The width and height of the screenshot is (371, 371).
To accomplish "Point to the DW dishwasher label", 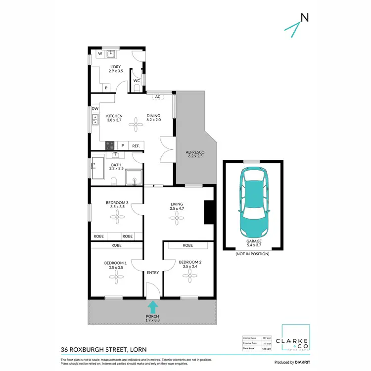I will (94, 108).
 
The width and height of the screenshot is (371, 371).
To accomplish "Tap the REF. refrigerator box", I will (136, 145).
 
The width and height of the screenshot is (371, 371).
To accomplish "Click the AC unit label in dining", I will (158, 97).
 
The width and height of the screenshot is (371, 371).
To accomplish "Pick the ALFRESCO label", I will (195, 152).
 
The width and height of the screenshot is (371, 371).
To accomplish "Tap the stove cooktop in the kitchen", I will (109, 145).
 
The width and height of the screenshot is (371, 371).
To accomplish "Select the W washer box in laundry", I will (99, 53).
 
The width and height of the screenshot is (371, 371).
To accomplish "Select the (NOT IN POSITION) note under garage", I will (252, 253).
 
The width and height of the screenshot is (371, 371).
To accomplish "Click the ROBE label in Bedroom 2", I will (187, 245).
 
